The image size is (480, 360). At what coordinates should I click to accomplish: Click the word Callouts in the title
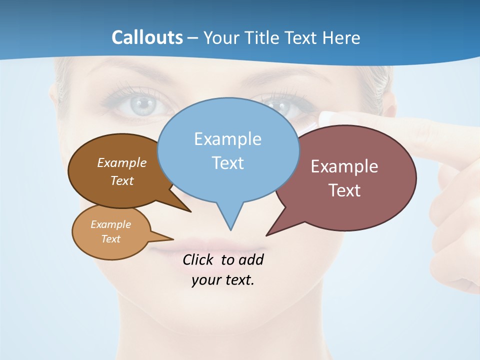(x=147, y=38)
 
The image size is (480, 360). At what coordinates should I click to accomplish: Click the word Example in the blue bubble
(x=227, y=139)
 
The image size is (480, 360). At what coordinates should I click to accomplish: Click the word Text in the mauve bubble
(x=345, y=190)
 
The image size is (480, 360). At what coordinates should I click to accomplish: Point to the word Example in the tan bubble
(x=110, y=224)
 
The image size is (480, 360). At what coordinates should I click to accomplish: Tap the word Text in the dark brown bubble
(x=122, y=180)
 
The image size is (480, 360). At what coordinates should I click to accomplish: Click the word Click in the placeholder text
(x=198, y=259)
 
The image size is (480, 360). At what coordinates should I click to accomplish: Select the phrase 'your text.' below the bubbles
(x=223, y=280)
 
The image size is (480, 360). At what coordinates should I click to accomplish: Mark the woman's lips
(x=210, y=246)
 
